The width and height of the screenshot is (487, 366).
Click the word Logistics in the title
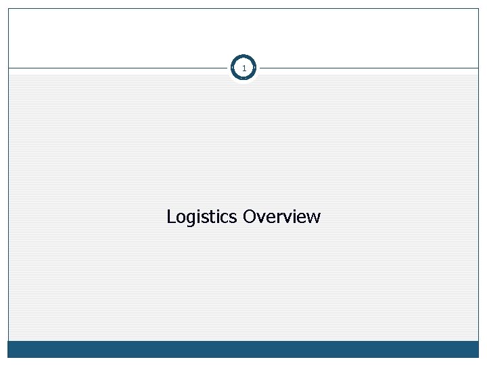[202, 217]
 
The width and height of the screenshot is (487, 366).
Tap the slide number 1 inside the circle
[243, 68]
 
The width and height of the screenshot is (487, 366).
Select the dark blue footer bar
[243, 349]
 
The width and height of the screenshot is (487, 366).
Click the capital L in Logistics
[170, 217]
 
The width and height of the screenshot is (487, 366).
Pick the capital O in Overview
[249, 217]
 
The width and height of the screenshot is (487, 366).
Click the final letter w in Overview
[314, 218]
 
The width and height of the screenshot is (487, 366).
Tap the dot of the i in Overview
[294, 211]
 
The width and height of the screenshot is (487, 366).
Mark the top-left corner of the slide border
[8, 8]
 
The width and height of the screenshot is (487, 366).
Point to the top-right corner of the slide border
[479, 8]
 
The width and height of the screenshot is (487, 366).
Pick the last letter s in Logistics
[234, 218]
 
